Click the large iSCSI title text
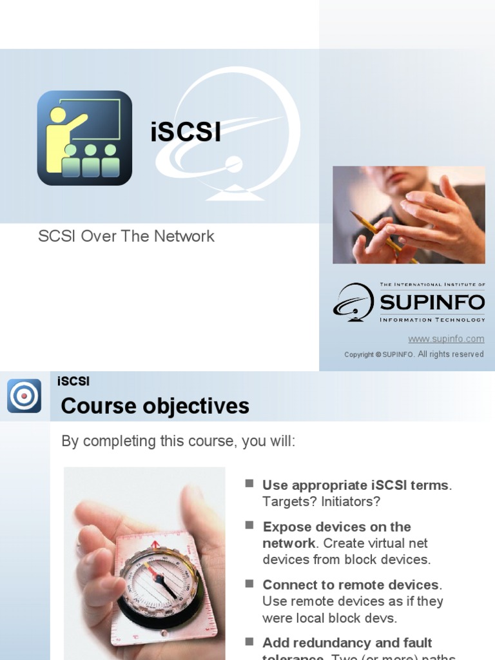pos(186,133)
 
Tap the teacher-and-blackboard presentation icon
pos(84,138)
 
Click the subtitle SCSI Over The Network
pos(126,236)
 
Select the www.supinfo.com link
pos(446,339)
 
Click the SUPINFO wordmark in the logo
pos(432,302)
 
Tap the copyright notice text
pos(414,354)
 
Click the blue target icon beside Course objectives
pos(24,396)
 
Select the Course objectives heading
pos(155,406)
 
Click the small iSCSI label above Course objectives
pos(73,381)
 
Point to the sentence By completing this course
pos(179,442)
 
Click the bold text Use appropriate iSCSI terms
pos(356,485)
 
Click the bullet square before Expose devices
pos(249,525)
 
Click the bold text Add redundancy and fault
pos(347,643)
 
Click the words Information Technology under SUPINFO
pos(432,320)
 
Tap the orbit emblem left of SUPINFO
pos(354,302)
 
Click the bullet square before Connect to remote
pos(249,583)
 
